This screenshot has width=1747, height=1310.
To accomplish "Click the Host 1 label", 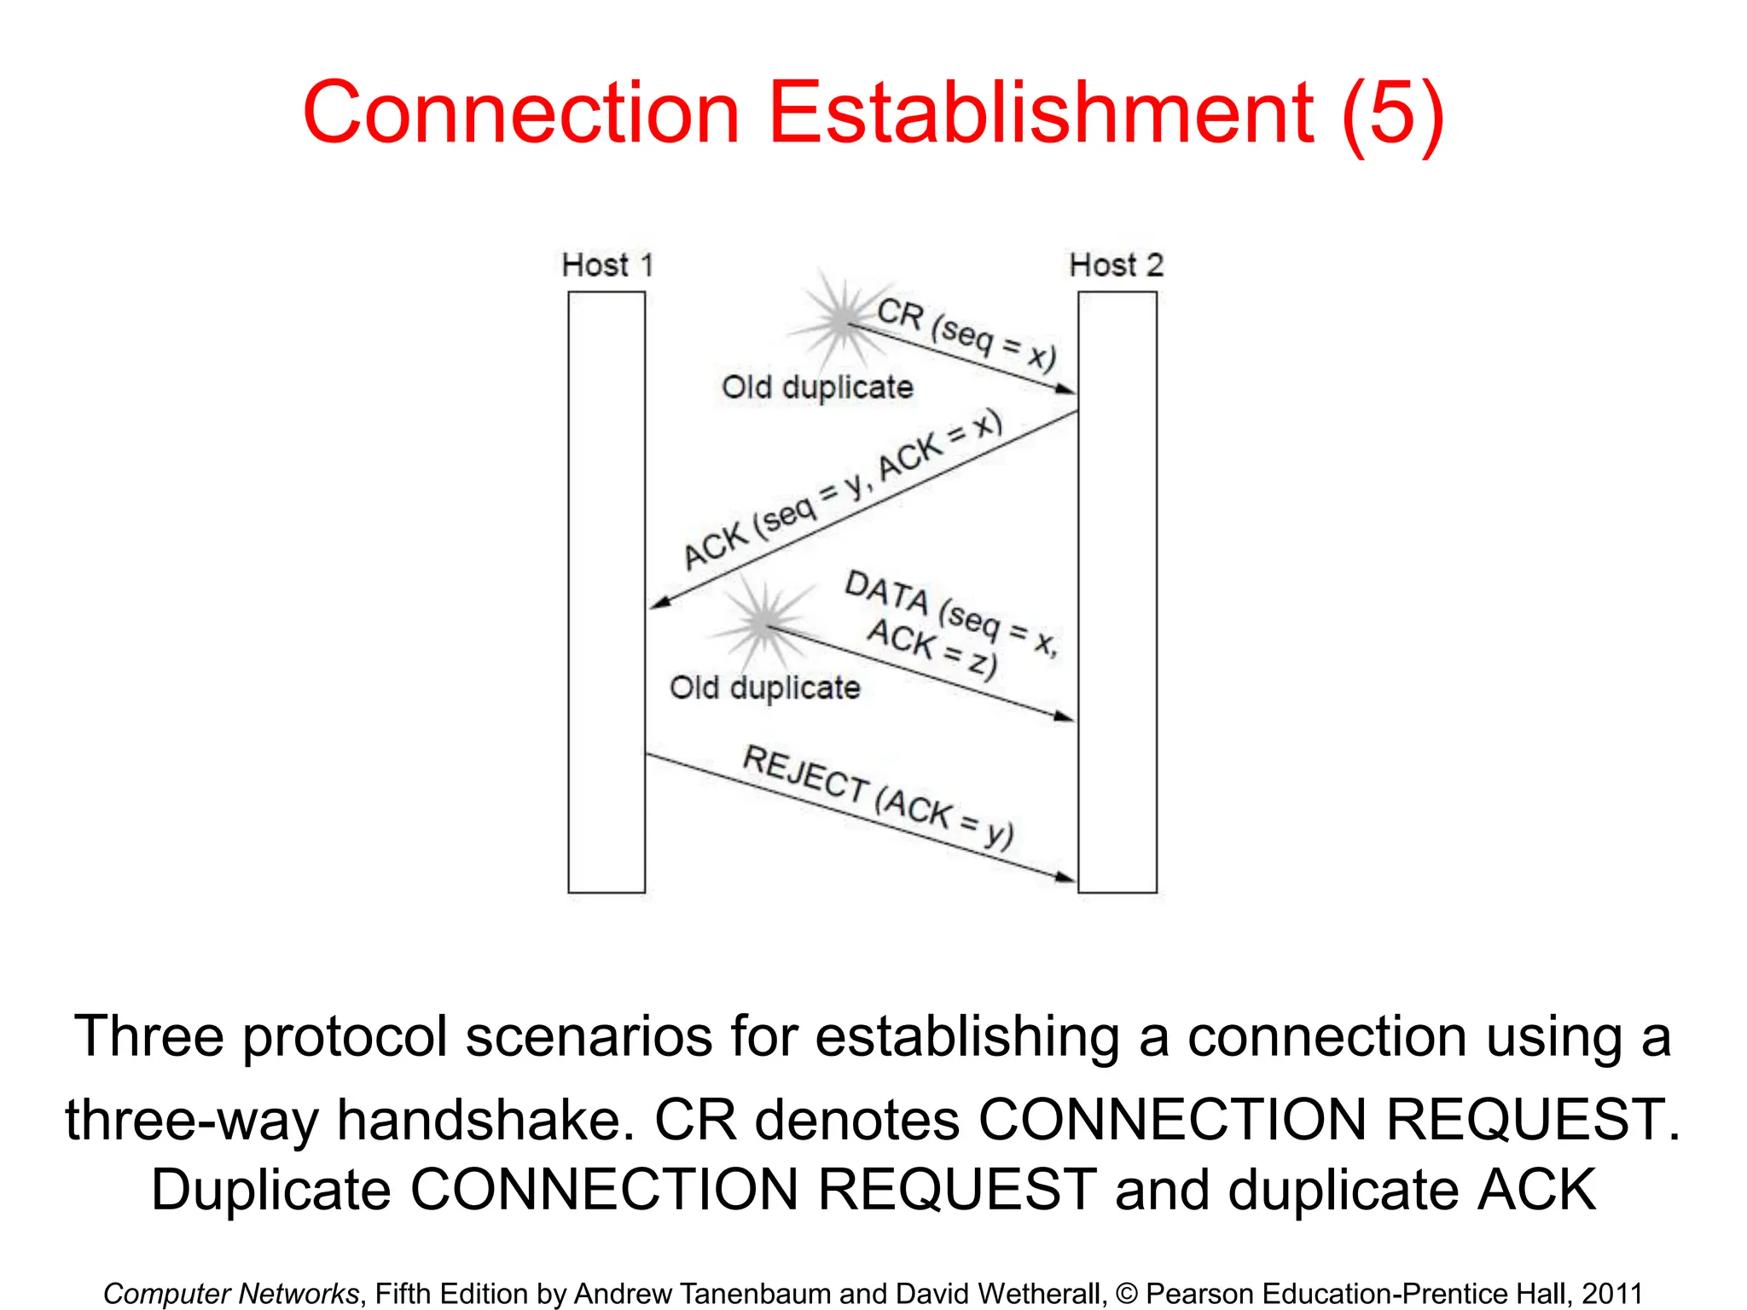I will coord(607,265).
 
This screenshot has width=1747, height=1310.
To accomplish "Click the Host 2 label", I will coord(1116,265).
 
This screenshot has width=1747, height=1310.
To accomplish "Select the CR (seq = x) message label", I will coord(966,333).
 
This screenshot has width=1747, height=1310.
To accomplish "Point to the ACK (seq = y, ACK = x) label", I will coord(842,490).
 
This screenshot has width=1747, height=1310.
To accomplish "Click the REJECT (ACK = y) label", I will coord(879,797).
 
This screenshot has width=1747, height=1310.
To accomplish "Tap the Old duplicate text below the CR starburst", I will coord(817,387).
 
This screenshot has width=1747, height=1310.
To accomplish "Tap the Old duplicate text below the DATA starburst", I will coord(764,687).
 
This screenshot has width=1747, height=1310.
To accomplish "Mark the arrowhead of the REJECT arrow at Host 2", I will coord(1065,876).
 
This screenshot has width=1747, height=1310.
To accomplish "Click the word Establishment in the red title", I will coord(1041,113).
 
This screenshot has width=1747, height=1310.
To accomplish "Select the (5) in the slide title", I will coord(1392,113).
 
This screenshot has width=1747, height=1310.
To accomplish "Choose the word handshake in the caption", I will coord(486,1119).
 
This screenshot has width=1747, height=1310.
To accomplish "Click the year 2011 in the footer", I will coord(1611,1293).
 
